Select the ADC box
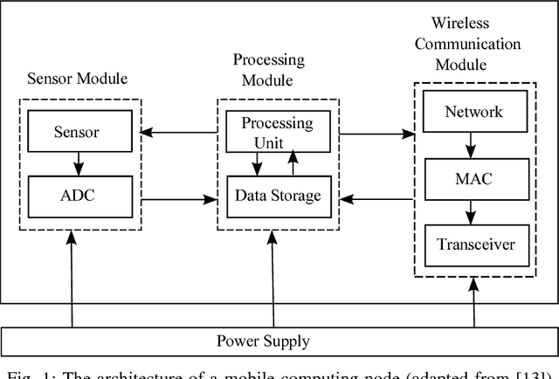point(76,196)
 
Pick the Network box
point(473,112)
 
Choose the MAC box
point(473,178)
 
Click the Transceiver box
point(473,245)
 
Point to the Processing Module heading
point(268,69)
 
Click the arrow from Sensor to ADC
point(76,162)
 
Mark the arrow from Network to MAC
point(473,144)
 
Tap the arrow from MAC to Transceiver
point(473,211)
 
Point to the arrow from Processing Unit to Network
point(376,134)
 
